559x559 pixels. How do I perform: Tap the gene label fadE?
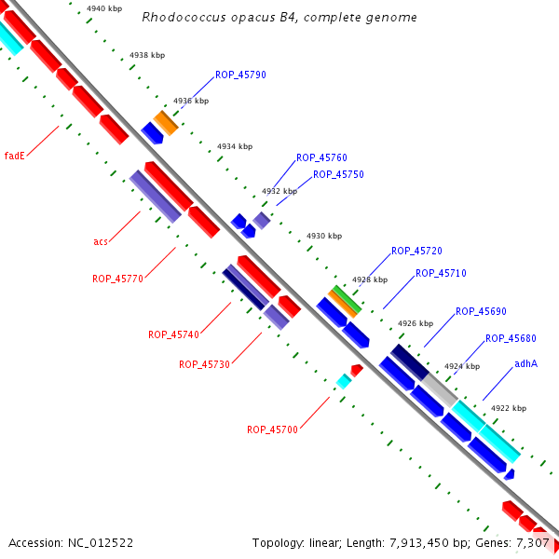pos(14,156)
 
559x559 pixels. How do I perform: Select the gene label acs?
pos(101,242)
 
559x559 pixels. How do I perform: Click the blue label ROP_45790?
pos(240,75)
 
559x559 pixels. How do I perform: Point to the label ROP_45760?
pos(321,158)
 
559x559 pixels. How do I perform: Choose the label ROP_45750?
pos(338,174)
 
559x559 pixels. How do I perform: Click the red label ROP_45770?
pos(117,279)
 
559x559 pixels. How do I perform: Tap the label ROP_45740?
pos(173,334)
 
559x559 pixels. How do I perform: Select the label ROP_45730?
pos(204,364)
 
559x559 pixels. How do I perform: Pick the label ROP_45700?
pos(272,429)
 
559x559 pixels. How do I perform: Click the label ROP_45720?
pos(416,252)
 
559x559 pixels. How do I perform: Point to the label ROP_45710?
pos(441,274)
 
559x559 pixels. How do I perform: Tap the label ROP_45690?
pos(481,311)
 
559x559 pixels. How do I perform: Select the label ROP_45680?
pos(511,338)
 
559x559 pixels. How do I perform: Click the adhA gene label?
pos(525,363)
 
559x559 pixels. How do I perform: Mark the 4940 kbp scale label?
pos(102,8)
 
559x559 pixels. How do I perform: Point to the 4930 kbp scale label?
pos(324,237)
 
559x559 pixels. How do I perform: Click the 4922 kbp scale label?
pos(509,408)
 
